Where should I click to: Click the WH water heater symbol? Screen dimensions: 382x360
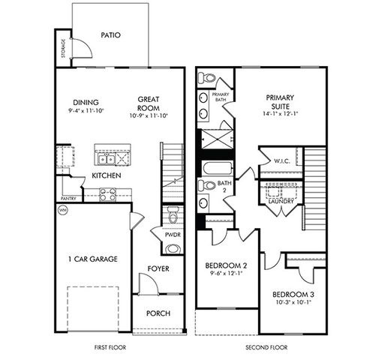tap(63, 210)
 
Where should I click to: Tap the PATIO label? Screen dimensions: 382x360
tap(110, 35)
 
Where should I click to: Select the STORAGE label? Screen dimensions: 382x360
tap(63, 48)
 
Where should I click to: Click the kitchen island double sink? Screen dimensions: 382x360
tap(107, 159)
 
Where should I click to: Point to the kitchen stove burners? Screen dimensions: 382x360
tap(108, 194)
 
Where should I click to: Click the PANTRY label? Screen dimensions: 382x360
tap(68, 199)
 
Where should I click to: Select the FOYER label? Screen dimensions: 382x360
tap(158, 268)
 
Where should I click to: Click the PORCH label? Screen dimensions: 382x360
tap(158, 313)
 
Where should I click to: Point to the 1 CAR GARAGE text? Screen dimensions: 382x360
tap(93, 259)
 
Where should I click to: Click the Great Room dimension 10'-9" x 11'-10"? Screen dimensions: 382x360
tap(149, 115)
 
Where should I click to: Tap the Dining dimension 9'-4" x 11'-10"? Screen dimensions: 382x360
tap(86, 110)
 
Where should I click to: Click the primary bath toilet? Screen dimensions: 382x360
tap(206, 78)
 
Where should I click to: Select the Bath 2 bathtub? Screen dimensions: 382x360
tap(218, 168)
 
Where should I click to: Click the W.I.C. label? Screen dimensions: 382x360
tap(282, 161)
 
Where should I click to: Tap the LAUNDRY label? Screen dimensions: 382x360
tap(281, 201)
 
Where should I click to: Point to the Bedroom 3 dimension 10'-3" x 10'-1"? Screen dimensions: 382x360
tap(293, 302)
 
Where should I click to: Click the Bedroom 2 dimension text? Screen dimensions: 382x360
tap(227, 273)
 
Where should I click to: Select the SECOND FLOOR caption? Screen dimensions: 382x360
tap(266, 347)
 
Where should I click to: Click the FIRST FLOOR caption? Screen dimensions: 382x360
tap(110, 347)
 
